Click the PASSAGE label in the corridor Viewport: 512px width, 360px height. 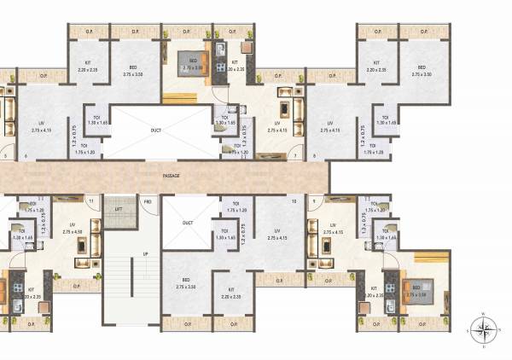click(172, 176)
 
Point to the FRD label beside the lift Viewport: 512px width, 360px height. click(147, 201)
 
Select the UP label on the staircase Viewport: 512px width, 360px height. click(145, 254)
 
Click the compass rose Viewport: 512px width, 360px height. click(484, 328)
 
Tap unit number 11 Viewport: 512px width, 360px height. click(90, 201)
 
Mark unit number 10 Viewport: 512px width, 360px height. click(294, 201)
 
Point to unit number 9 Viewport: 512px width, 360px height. click(314, 201)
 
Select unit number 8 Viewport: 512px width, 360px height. click(314, 156)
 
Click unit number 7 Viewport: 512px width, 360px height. click(295, 156)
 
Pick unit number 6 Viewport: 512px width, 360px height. click(26, 156)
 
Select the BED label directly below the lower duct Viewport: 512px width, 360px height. click(186, 282)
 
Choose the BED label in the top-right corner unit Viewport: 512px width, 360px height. click(419, 71)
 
